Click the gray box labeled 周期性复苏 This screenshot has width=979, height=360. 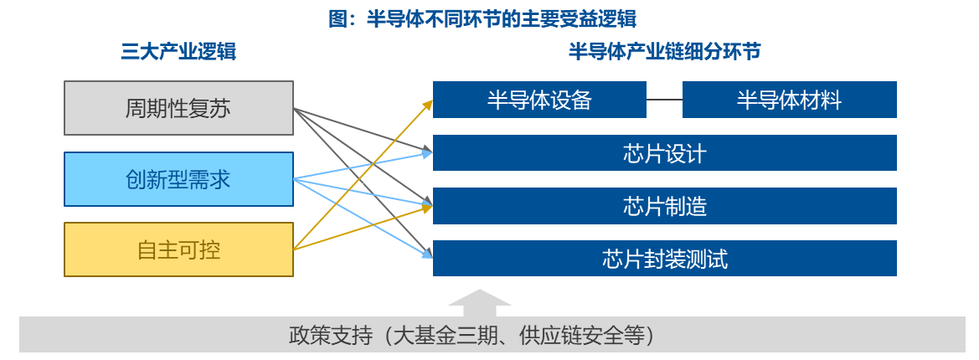pyautogui.click(x=178, y=108)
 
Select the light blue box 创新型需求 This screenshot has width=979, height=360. pyautogui.click(x=178, y=179)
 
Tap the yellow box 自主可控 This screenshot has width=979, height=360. pyautogui.click(x=178, y=249)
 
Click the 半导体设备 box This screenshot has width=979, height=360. pyautogui.click(x=539, y=99)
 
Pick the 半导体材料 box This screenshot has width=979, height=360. pyautogui.click(x=789, y=99)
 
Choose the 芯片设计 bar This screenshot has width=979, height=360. pyautogui.click(x=665, y=153)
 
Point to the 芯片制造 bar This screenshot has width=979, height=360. pyautogui.click(x=665, y=206)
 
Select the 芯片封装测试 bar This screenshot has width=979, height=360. pyautogui.click(x=665, y=259)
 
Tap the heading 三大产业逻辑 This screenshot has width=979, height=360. pyautogui.click(x=178, y=52)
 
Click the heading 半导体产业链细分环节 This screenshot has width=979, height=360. pyautogui.click(x=664, y=52)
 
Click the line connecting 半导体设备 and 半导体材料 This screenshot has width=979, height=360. pyautogui.click(x=664, y=99)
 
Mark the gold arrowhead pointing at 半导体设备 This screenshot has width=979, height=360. pyautogui.click(x=428, y=104)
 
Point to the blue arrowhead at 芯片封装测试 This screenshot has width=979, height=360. pyautogui.click(x=428, y=254)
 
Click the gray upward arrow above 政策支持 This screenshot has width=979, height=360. pyautogui.click(x=480, y=303)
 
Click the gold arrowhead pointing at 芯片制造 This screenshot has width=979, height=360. pyautogui.click(x=428, y=208)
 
